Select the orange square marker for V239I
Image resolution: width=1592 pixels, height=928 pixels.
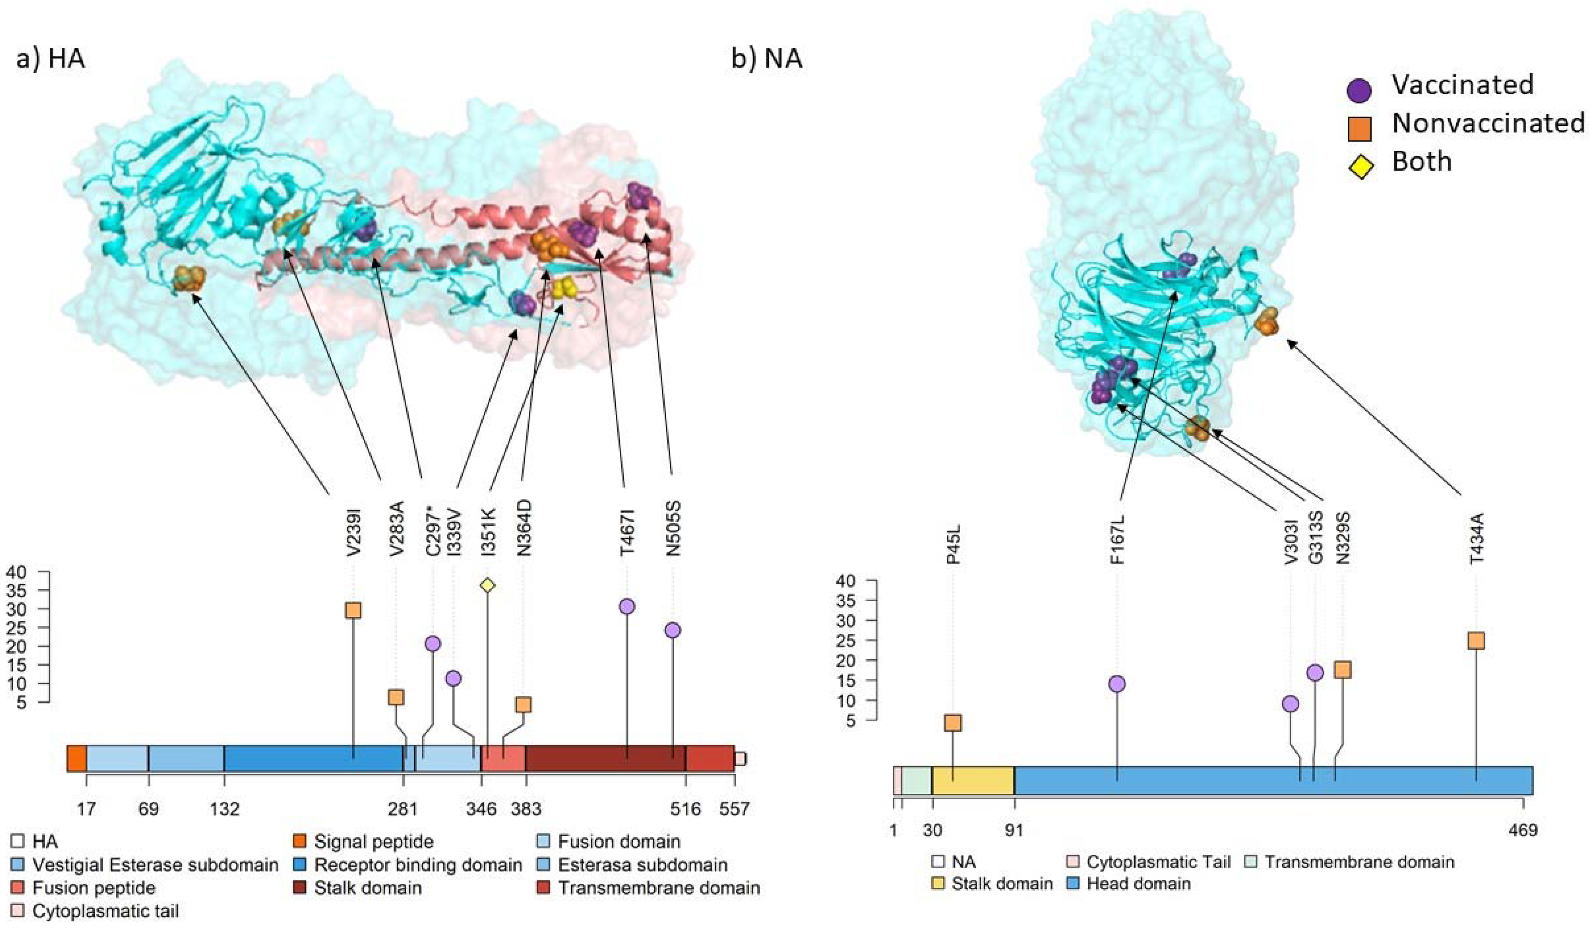pyautogui.click(x=353, y=610)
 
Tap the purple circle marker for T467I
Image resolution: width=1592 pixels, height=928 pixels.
pyautogui.click(x=627, y=606)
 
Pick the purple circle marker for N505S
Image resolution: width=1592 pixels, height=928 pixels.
pyautogui.click(x=673, y=630)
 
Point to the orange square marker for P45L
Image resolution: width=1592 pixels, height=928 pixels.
pyautogui.click(x=953, y=723)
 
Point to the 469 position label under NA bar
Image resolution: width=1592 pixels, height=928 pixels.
pyautogui.click(x=1523, y=829)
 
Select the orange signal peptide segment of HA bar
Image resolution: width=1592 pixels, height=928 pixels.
pyautogui.click(x=76, y=759)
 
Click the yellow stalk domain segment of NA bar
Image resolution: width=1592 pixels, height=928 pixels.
pyautogui.click(x=973, y=781)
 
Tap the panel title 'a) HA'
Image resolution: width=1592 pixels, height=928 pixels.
pyautogui.click(x=51, y=59)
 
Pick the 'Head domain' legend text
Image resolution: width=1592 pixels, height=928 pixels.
pyautogui.click(x=1138, y=883)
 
